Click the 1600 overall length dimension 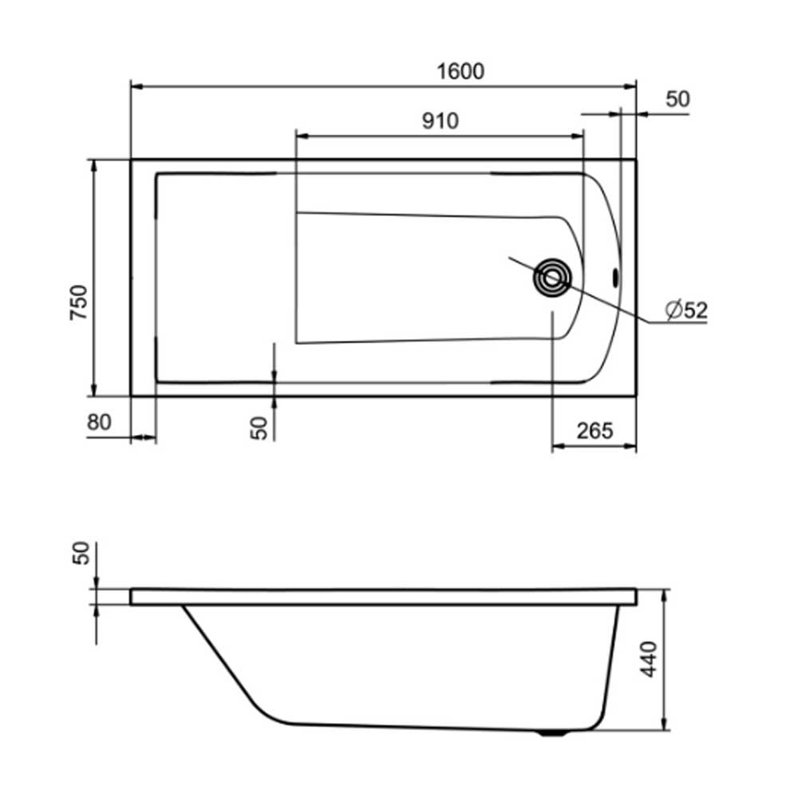pos(460,71)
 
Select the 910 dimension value pos(440,120)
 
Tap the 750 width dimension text pos(79,302)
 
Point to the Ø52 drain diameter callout pos(686,310)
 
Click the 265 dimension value pos(595,431)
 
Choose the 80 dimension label pos(99,422)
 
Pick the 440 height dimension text pos(648,659)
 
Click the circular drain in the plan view pos(552,278)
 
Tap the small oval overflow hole pos(615,278)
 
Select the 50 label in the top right pos(678,99)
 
